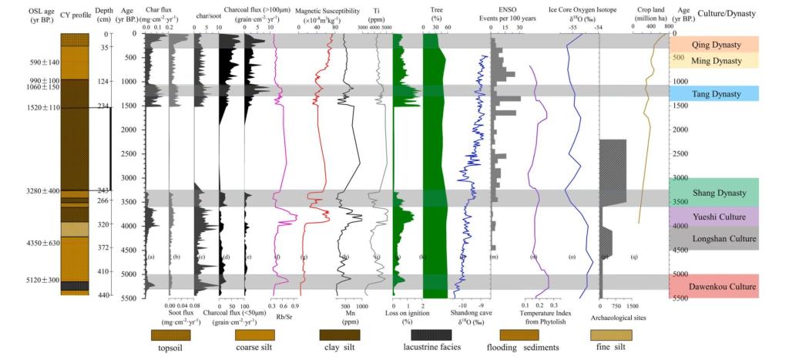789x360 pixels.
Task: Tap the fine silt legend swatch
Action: click(x=610, y=335)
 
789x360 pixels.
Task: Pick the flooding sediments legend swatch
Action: click(x=520, y=335)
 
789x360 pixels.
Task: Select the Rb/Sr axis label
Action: click(x=283, y=315)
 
